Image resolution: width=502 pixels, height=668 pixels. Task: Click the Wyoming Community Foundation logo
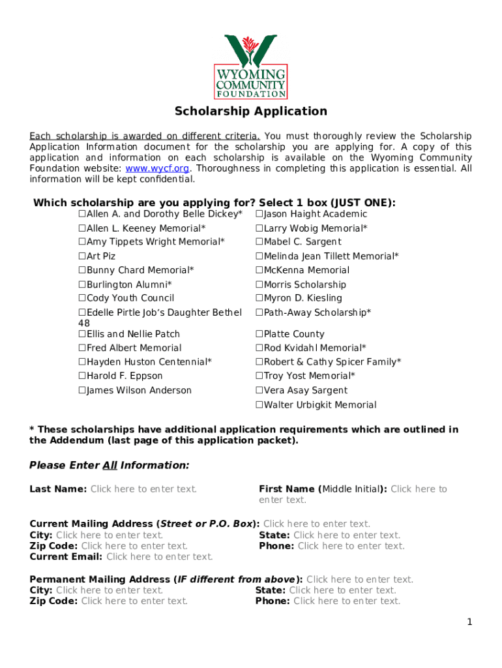coord(251,66)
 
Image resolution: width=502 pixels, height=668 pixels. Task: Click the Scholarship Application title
coord(251,111)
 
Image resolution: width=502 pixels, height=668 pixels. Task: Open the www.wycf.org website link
coord(153,168)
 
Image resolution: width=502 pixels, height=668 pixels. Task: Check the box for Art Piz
coord(82,256)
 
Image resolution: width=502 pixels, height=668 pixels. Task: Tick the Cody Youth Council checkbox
coord(82,298)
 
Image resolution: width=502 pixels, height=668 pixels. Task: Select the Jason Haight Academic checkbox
coord(259,214)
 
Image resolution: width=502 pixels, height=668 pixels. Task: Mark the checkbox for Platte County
coord(259,334)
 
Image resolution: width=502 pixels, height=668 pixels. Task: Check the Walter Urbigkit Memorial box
coord(259,405)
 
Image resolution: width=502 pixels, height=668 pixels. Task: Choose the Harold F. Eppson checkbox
coord(82,376)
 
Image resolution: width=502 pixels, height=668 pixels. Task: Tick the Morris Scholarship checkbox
coord(259,284)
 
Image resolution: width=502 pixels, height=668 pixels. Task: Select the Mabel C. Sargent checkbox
coord(259,242)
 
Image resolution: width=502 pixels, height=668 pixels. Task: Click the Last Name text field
coord(143,489)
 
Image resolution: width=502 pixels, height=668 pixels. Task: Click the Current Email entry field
coord(160,556)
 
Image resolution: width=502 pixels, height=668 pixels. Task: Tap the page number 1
coord(469,622)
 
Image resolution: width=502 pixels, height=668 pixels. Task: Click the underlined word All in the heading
coord(110,465)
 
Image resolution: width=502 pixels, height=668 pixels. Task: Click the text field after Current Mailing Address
coord(316,524)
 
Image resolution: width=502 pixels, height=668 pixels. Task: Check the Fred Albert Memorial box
coord(82,348)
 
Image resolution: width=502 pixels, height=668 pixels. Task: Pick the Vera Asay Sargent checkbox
coord(259,391)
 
